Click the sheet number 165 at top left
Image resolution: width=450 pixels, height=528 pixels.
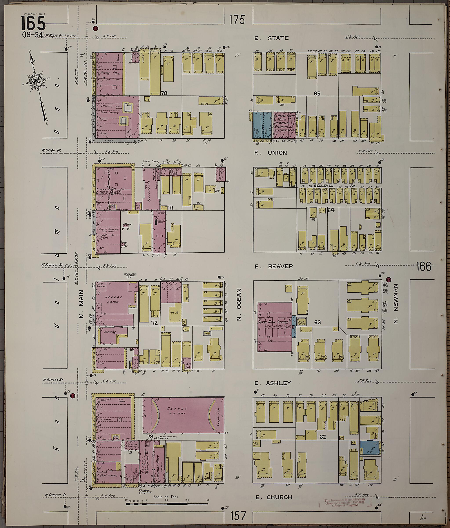click(x=33, y=24)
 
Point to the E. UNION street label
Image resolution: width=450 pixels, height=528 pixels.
click(x=270, y=153)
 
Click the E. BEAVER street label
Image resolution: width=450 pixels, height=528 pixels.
click(x=274, y=266)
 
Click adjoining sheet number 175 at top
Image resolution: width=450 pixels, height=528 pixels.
click(x=237, y=20)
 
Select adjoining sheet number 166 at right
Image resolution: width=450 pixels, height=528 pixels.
click(x=424, y=267)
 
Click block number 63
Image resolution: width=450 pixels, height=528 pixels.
click(x=317, y=322)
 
